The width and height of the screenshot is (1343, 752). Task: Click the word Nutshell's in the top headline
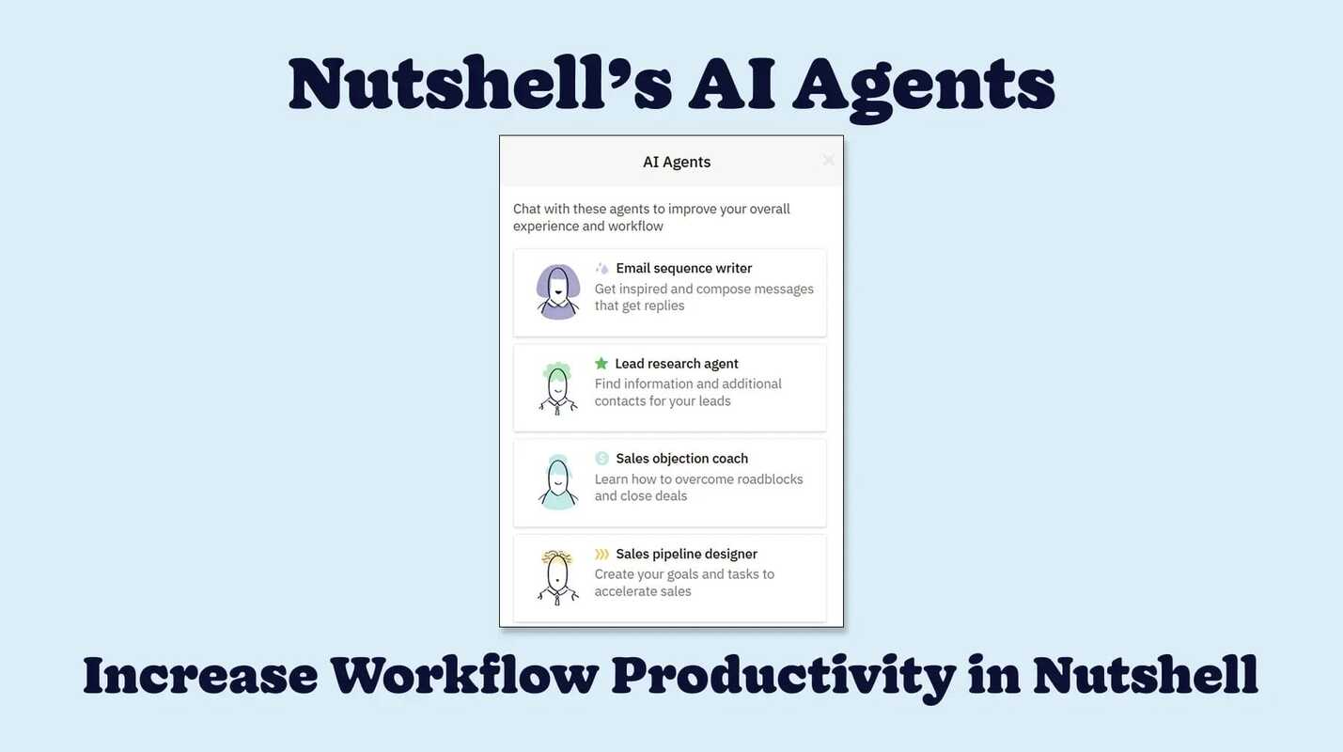pyautogui.click(x=479, y=85)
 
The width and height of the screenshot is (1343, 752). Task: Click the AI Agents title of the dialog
pyautogui.click(x=677, y=162)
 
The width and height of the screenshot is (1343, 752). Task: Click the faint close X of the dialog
pyautogui.click(x=828, y=161)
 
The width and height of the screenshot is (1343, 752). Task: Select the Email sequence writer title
pyautogui.click(x=683, y=268)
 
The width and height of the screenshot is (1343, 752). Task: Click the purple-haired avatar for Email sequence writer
pyautogui.click(x=558, y=291)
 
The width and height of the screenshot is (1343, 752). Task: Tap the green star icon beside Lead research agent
pyautogui.click(x=601, y=364)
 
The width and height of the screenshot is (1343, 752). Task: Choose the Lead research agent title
pyautogui.click(x=676, y=364)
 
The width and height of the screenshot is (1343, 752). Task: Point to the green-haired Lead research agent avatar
pyautogui.click(x=558, y=387)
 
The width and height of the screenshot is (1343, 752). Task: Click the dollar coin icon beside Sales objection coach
pyautogui.click(x=602, y=459)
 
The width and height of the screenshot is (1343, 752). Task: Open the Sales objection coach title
pyautogui.click(x=681, y=459)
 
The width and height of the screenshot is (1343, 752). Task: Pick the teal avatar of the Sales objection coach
pyautogui.click(x=558, y=482)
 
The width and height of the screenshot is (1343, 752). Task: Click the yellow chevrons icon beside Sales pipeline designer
pyautogui.click(x=602, y=554)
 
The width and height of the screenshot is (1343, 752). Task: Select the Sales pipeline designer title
pyautogui.click(x=686, y=554)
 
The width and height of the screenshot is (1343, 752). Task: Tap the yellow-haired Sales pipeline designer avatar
pyautogui.click(x=558, y=577)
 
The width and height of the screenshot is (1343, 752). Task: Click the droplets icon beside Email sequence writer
pyautogui.click(x=602, y=268)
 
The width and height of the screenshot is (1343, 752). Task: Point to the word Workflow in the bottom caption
pyautogui.click(x=464, y=675)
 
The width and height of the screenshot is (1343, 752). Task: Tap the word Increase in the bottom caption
pyautogui.click(x=200, y=675)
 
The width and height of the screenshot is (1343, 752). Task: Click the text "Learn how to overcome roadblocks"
pyautogui.click(x=698, y=479)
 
